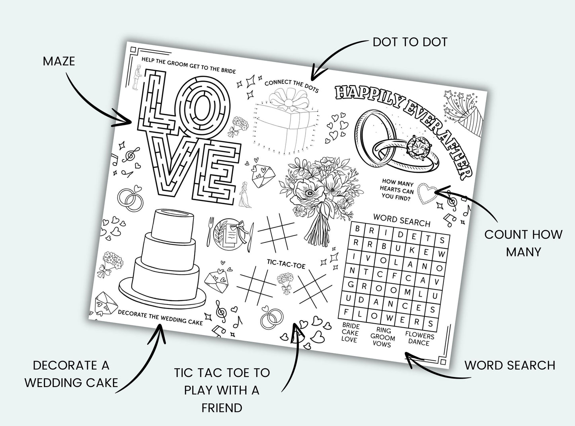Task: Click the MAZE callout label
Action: click(58, 61)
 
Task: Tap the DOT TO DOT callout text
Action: click(410, 42)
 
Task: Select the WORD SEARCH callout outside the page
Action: click(510, 365)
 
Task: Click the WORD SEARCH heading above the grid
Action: click(402, 220)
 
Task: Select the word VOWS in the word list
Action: click(382, 344)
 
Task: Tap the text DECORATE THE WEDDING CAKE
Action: click(160, 317)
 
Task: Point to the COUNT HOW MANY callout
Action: click(523, 242)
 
